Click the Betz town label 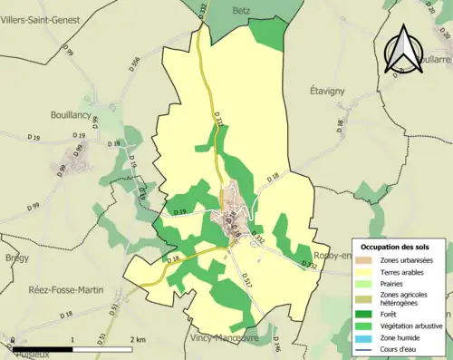[x=240, y=10]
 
